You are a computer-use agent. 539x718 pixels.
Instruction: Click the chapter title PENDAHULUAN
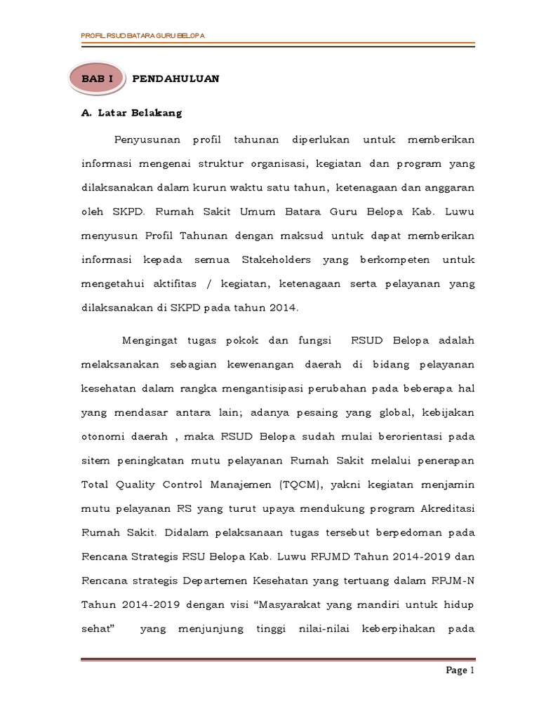(x=175, y=79)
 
